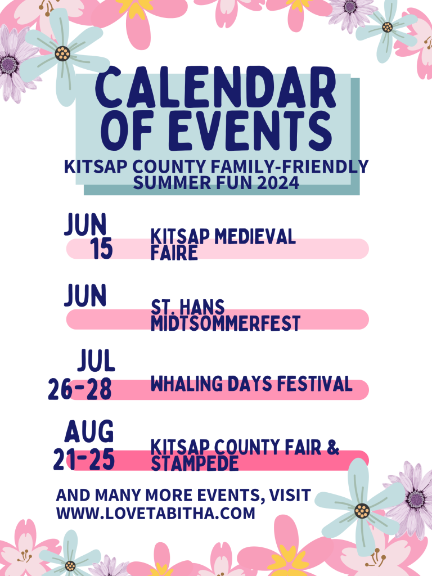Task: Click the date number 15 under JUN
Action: [101, 249]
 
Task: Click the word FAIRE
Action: [174, 253]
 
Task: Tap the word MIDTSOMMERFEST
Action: [226, 323]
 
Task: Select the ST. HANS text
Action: [188, 307]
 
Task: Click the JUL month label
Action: [96, 361]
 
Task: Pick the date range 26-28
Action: [80, 389]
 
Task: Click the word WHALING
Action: [187, 384]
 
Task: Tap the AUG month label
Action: [89, 431]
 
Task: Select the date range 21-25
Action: [84, 460]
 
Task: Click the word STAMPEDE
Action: [195, 463]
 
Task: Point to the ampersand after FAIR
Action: [332, 447]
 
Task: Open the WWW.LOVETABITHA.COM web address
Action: [155, 513]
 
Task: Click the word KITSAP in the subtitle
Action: [96, 166]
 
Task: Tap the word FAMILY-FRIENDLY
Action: [290, 166]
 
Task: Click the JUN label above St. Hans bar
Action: [85, 295]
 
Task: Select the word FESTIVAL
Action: [314, 384]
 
